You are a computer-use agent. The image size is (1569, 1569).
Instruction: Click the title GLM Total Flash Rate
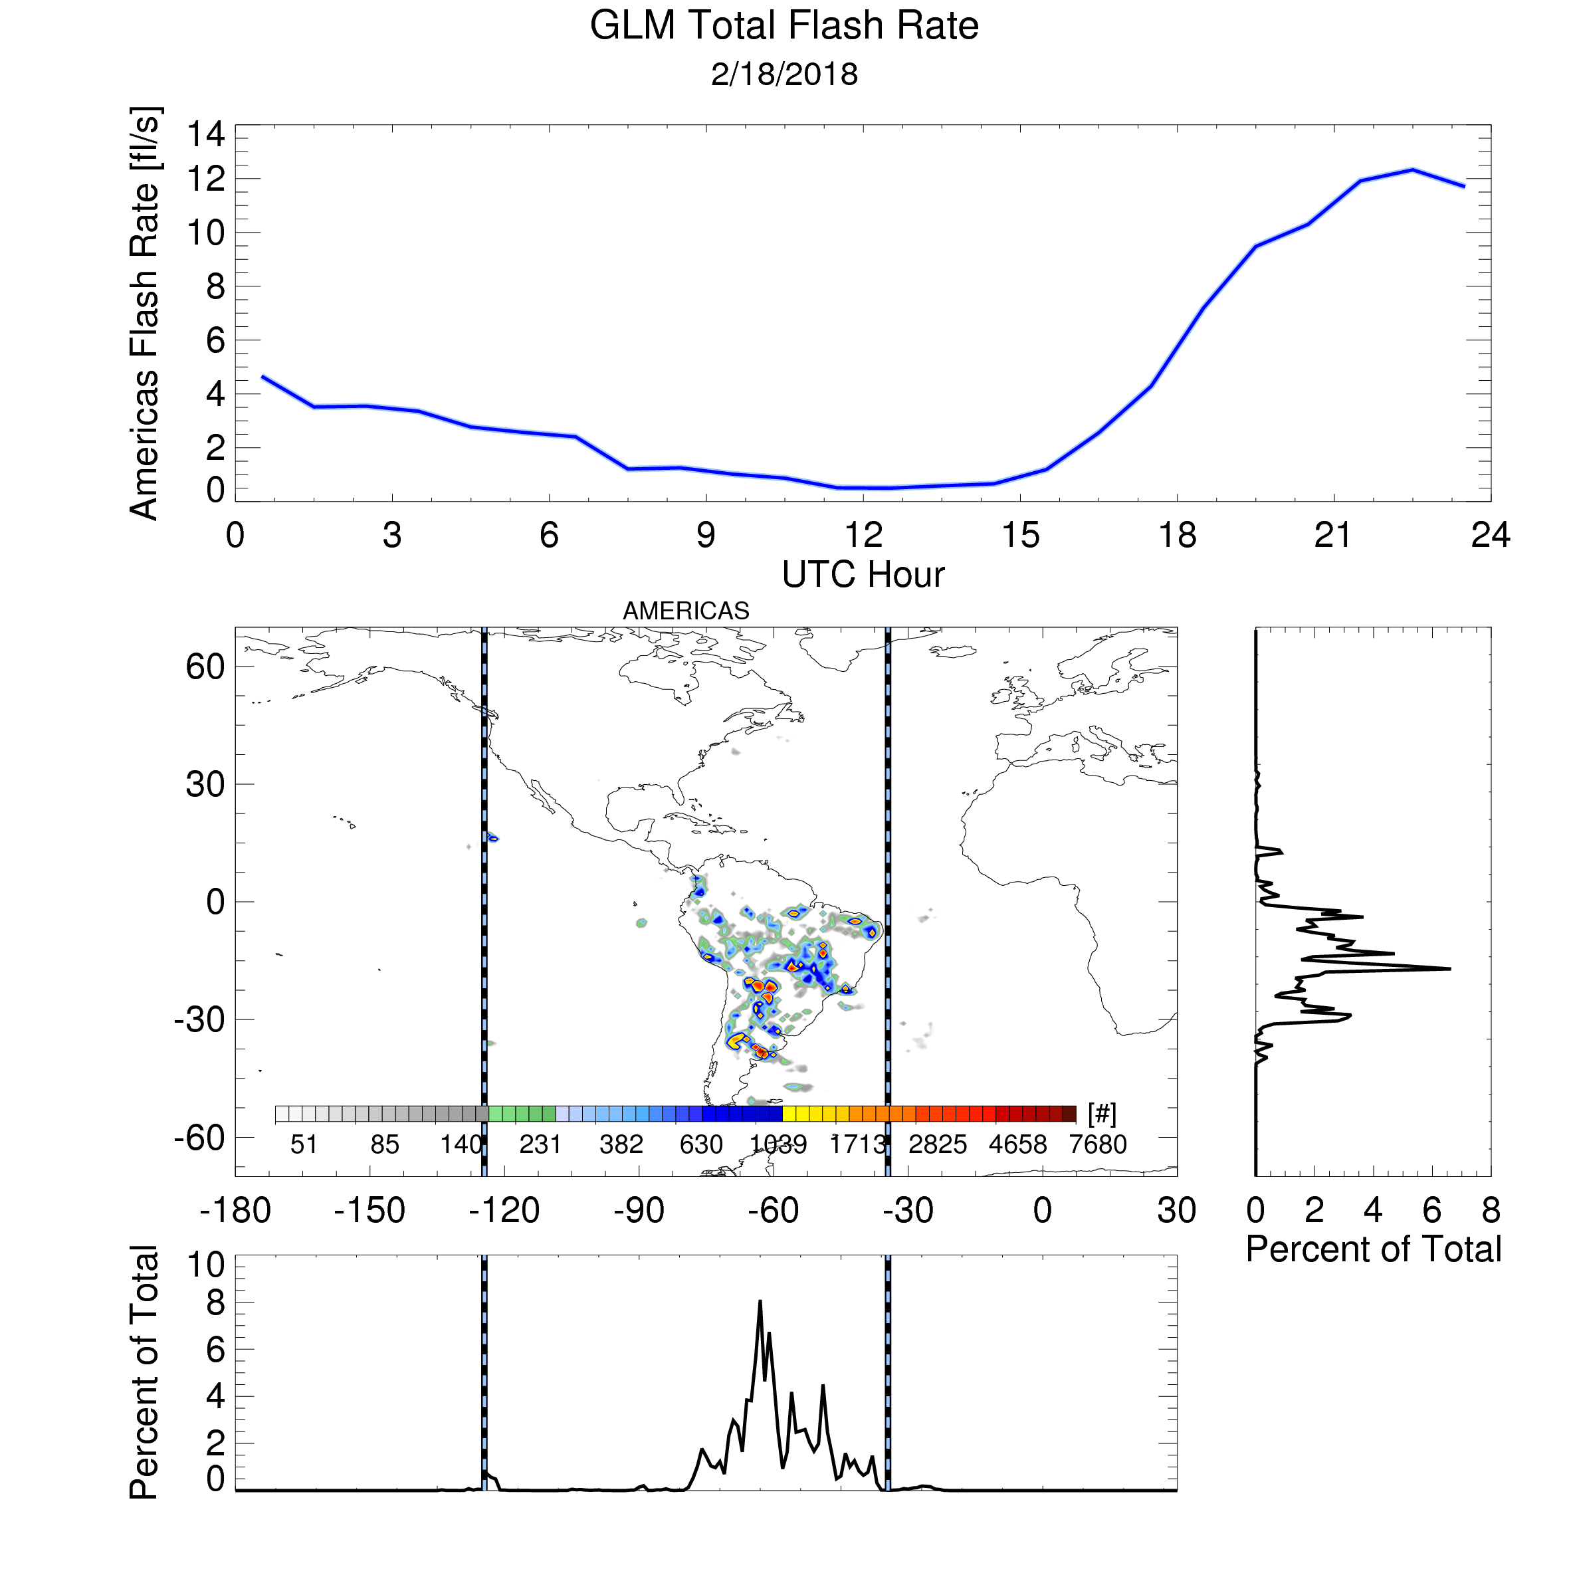(784, 26)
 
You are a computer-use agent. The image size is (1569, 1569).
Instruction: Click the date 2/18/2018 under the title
(784, 74)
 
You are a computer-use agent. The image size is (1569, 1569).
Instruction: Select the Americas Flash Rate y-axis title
(145, 312)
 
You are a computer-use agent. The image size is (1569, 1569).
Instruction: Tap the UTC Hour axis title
(863, 575)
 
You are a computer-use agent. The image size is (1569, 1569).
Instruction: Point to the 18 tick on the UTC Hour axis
(1177, 535)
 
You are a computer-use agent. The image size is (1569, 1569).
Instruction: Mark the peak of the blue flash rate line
(1412, 169)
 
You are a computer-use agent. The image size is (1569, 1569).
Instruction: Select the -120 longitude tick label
(504, 1211)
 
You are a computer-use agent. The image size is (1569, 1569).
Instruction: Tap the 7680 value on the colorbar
(1098, 1144)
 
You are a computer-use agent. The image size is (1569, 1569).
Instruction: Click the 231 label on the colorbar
(540, 1144)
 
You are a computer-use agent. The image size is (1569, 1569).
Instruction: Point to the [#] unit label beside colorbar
(1102, 1114)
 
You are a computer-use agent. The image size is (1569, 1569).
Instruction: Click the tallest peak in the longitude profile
(760, 1301)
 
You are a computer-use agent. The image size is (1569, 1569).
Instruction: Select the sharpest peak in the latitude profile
(1449, 969)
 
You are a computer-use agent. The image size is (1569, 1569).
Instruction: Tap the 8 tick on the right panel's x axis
(1490, 1211)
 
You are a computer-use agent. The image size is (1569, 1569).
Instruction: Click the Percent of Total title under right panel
(1373, 1249)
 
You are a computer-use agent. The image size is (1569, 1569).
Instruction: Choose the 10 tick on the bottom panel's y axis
(206, 1265)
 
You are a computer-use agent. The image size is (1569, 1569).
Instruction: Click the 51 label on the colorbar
(304, 1144)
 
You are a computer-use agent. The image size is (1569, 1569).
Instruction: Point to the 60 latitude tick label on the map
(205, 667)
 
